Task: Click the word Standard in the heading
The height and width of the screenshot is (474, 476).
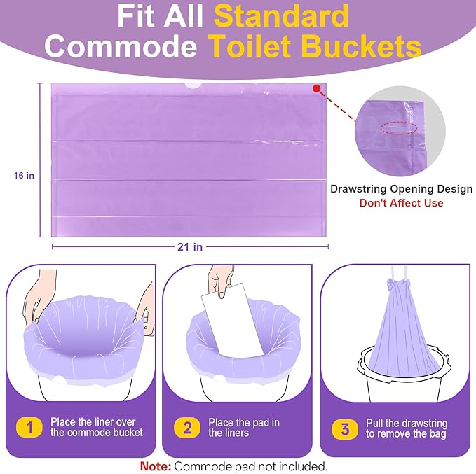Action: point(281,16)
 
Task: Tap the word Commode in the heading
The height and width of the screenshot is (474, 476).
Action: point(121,46)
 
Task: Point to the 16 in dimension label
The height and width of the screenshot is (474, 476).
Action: point(24,175)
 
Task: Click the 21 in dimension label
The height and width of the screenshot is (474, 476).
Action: point(190,247)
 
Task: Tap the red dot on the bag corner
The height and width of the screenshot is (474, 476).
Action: point(316,88)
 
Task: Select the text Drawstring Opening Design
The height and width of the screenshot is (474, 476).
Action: point(401,188)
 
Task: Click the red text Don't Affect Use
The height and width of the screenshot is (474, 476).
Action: point(401,202)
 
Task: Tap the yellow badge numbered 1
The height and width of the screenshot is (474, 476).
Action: point(29,427)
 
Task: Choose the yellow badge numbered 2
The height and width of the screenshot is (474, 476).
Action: point(187,428)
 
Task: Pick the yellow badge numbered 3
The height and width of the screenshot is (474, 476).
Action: point(345,429)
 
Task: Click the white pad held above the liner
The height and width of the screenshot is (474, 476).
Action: point(232,320)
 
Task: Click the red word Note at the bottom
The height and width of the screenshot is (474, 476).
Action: point(156,466)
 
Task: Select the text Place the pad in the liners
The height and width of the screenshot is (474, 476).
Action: point(244,428)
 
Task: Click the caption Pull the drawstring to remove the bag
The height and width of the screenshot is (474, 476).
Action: point(407,428)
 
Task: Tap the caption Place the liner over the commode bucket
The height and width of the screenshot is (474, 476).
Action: point(97,427)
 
